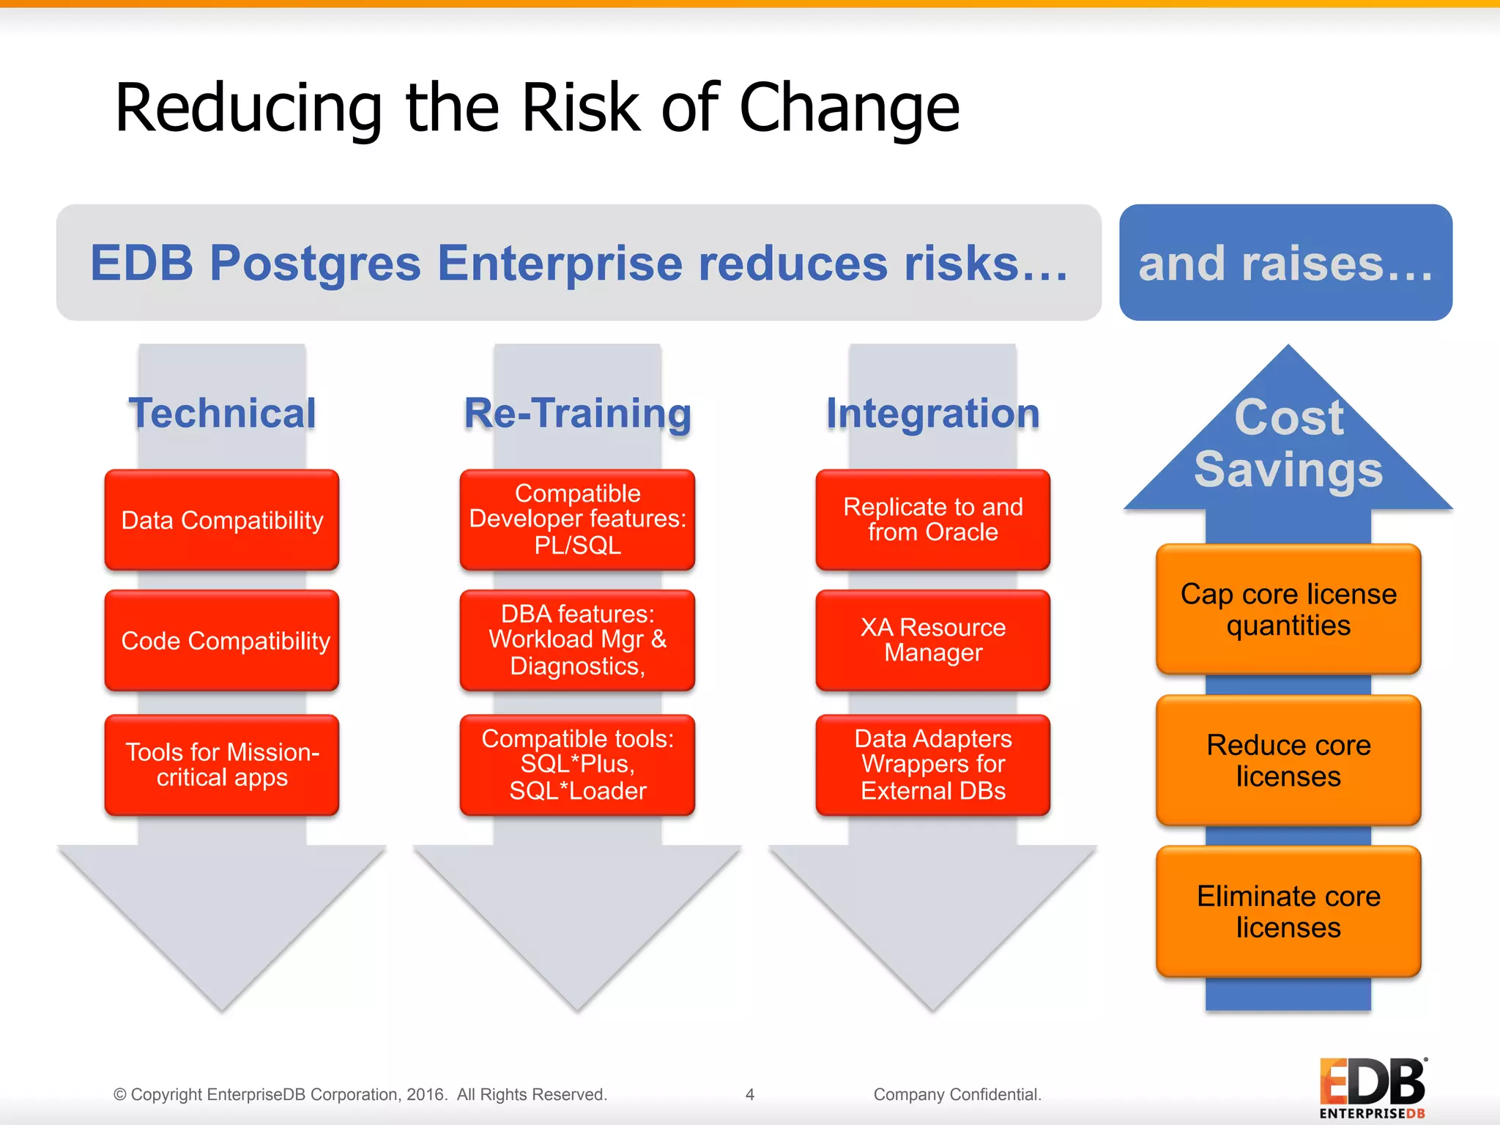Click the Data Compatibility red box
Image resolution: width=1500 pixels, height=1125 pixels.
222,520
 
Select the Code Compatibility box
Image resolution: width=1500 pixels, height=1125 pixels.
222,641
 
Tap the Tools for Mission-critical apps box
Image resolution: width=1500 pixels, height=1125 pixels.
222,765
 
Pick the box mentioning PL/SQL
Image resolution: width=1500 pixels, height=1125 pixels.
577,520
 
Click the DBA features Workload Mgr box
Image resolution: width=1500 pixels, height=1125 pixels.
577,641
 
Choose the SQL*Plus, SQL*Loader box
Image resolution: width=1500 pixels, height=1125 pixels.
577,765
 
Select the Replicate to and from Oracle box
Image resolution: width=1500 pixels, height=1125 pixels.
932,520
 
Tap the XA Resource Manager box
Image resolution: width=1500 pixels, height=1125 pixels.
932,641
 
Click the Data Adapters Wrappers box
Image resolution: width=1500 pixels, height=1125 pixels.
932,765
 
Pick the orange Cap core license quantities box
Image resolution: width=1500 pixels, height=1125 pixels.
1288,609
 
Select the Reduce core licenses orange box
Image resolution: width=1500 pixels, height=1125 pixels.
1288,760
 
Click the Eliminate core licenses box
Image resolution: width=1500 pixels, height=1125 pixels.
1288,912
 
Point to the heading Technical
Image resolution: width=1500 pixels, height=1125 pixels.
222,413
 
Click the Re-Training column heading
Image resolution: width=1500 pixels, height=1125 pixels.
577,413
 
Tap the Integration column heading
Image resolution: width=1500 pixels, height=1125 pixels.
932,413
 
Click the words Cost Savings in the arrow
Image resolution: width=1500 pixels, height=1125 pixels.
1288,443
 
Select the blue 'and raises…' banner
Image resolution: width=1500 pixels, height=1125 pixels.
1285,263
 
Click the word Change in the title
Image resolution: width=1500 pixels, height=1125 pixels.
849,108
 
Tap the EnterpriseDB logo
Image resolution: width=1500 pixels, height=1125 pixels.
1372,1088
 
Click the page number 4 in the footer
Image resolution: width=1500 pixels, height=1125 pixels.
749,1094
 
